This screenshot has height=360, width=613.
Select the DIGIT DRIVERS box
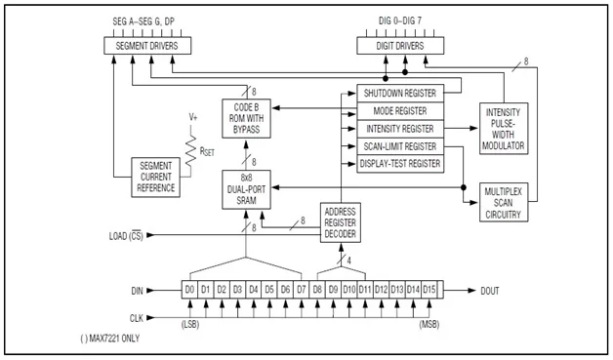394,46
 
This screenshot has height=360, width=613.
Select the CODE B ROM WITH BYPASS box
247,118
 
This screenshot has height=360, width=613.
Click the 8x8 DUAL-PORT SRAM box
247,188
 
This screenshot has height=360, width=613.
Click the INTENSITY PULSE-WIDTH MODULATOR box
503,128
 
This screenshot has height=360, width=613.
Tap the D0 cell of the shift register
191,289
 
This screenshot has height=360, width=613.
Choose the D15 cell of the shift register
429,289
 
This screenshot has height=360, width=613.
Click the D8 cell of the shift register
317,289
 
